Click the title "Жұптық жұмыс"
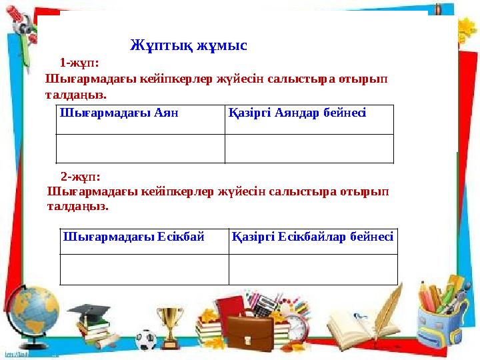tap(189, 46)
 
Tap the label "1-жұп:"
tap(79, 63)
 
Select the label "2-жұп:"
tap(81, 177)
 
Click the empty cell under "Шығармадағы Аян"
tap(140, 149)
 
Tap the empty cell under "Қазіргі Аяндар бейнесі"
tap(309, 149)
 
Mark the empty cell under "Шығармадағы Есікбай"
tap(144, 269)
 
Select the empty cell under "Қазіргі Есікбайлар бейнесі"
tap(313, 269)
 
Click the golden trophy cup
tap(172, 323)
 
